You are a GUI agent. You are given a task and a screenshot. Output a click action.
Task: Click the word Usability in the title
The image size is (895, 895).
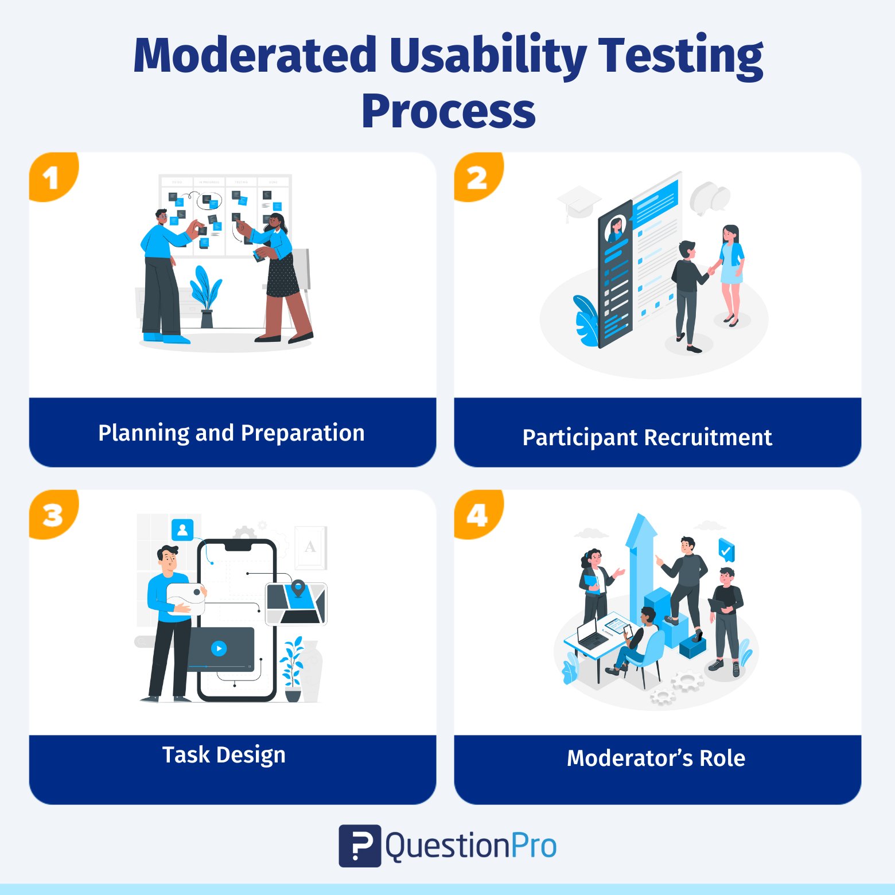(488, 56)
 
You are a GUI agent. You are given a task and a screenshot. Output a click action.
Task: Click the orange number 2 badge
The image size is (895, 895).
(477, 177)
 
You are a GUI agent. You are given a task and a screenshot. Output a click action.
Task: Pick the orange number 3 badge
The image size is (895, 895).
(52, 515)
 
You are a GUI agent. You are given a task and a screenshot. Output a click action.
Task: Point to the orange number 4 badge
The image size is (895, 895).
(477, 515)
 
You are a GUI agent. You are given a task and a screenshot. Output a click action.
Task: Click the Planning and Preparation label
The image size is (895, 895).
(231, 433)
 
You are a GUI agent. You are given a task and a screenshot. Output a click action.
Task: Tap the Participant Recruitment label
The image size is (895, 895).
(647, 437)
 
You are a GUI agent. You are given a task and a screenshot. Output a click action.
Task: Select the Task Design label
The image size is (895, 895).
(224, 755)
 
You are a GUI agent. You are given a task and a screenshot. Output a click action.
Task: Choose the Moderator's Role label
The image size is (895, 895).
(656, 758)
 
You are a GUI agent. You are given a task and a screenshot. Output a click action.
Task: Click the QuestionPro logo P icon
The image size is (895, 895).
(360, 846)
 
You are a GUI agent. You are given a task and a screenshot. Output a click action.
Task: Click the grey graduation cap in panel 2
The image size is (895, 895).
(578, 201)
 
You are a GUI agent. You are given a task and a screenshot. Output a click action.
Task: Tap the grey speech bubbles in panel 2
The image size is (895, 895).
(710, 197)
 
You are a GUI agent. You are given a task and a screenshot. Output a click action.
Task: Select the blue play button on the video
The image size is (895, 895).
(219, 648)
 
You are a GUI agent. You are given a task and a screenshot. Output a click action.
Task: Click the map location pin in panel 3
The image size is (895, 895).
(298, 587)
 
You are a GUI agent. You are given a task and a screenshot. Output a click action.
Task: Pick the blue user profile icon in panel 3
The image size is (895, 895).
(182, 530)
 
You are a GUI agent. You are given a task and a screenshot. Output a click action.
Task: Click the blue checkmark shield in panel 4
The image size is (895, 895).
(726, 551)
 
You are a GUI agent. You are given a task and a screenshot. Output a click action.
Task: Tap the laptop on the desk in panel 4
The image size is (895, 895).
(591, 634)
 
